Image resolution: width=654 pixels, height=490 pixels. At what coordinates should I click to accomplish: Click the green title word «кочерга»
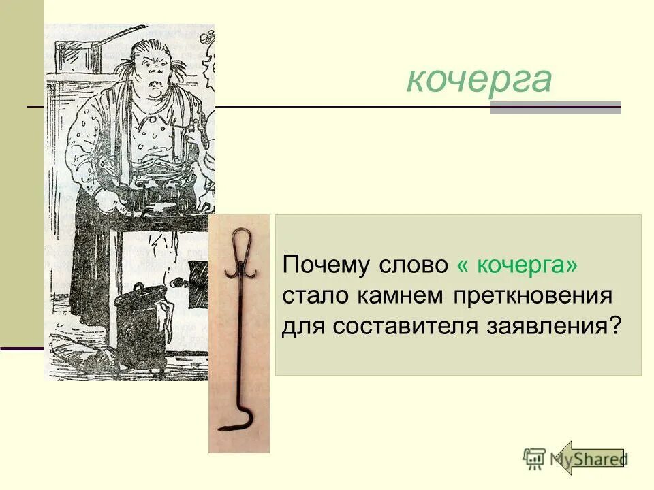click(x=479, y=80)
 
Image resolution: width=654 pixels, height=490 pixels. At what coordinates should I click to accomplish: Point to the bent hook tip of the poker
click(x=228, y=427)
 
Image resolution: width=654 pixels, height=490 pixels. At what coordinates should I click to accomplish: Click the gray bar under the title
click(x=555, y=108)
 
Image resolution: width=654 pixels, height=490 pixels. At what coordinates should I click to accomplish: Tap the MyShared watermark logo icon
click(x=535, y=459)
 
